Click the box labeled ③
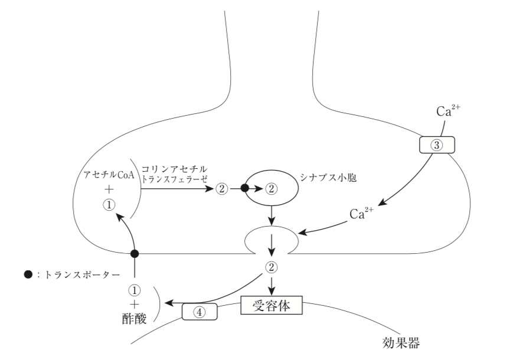click(x=437, y=145)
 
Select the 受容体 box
click(x=272, y=306)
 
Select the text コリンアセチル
click(x=174, y=169)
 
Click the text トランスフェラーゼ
click(x=178, y=179)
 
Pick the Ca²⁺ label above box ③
click(x=446, y=110)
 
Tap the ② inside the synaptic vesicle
click(x=271, y=189)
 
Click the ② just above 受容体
click(x=271, y=267)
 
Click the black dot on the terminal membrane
click(x=135, y=254)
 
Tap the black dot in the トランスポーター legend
click(x=27, y=275)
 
